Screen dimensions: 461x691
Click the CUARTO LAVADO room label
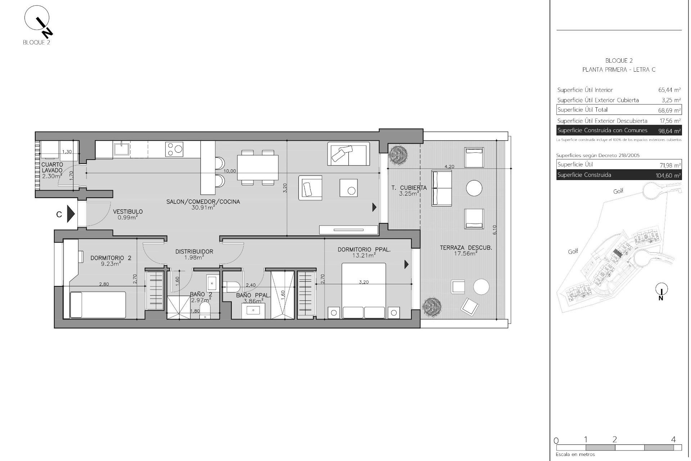tap(52, 167)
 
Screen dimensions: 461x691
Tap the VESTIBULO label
tap(128, 212)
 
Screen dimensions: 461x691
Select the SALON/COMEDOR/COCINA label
tap(203, 202)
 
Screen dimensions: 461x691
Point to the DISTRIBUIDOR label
tap(194, 252)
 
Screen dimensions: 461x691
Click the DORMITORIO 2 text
tap(106, 258)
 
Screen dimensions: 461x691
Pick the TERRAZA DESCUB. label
tap(466, 248)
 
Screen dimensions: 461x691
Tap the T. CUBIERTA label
tap(409, 188)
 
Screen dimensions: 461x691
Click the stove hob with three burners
tap(174, 149)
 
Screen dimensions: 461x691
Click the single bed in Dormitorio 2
tap(98, 305)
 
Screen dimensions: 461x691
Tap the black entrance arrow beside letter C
tap(71, 214)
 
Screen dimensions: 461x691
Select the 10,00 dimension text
tap(230, 171)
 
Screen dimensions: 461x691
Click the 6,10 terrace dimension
tap(494, 230)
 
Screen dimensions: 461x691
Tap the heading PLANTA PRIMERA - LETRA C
tap(619, 70)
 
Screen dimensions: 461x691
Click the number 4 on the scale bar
tap(673, 439)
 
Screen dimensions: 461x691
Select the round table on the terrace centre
tap(474, 188)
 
